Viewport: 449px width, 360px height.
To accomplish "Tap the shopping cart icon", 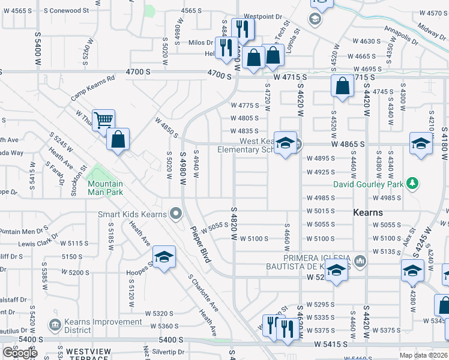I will [103, 120].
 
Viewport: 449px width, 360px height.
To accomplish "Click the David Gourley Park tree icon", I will [412, 182].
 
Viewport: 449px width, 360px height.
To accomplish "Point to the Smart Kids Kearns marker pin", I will [175, 213].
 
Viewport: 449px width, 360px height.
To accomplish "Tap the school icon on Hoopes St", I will [164, 257].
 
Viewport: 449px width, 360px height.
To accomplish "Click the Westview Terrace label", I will [88, 351].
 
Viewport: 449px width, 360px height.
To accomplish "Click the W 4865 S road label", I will [346, 145].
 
